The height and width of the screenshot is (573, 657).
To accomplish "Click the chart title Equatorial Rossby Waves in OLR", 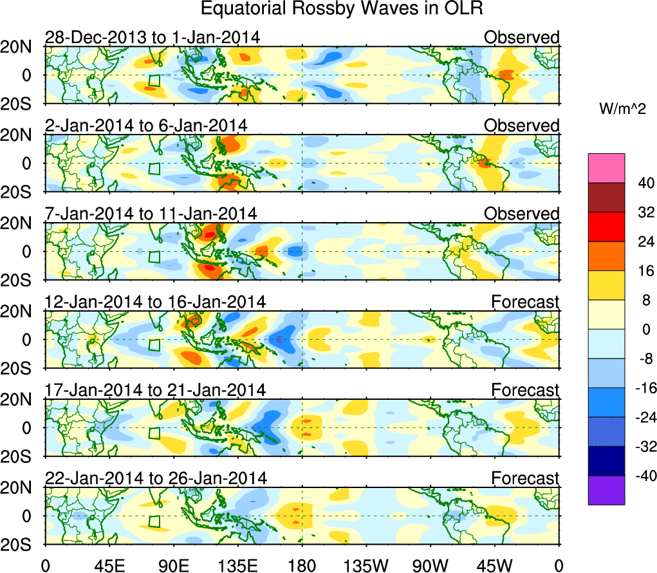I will (341, 9).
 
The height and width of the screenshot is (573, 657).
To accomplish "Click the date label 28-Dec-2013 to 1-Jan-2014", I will (153, 37).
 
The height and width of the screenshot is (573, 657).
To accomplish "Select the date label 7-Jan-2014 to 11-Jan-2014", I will (151, 213).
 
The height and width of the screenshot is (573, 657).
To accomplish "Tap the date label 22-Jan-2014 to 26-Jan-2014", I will (155, 478).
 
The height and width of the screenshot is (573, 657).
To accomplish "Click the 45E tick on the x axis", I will (109, 565).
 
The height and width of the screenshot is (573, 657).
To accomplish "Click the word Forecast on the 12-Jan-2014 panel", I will (525, 301).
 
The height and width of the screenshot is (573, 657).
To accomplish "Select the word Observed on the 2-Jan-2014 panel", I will (522, 126).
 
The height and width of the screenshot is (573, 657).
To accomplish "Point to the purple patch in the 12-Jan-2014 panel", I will (280, 339).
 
